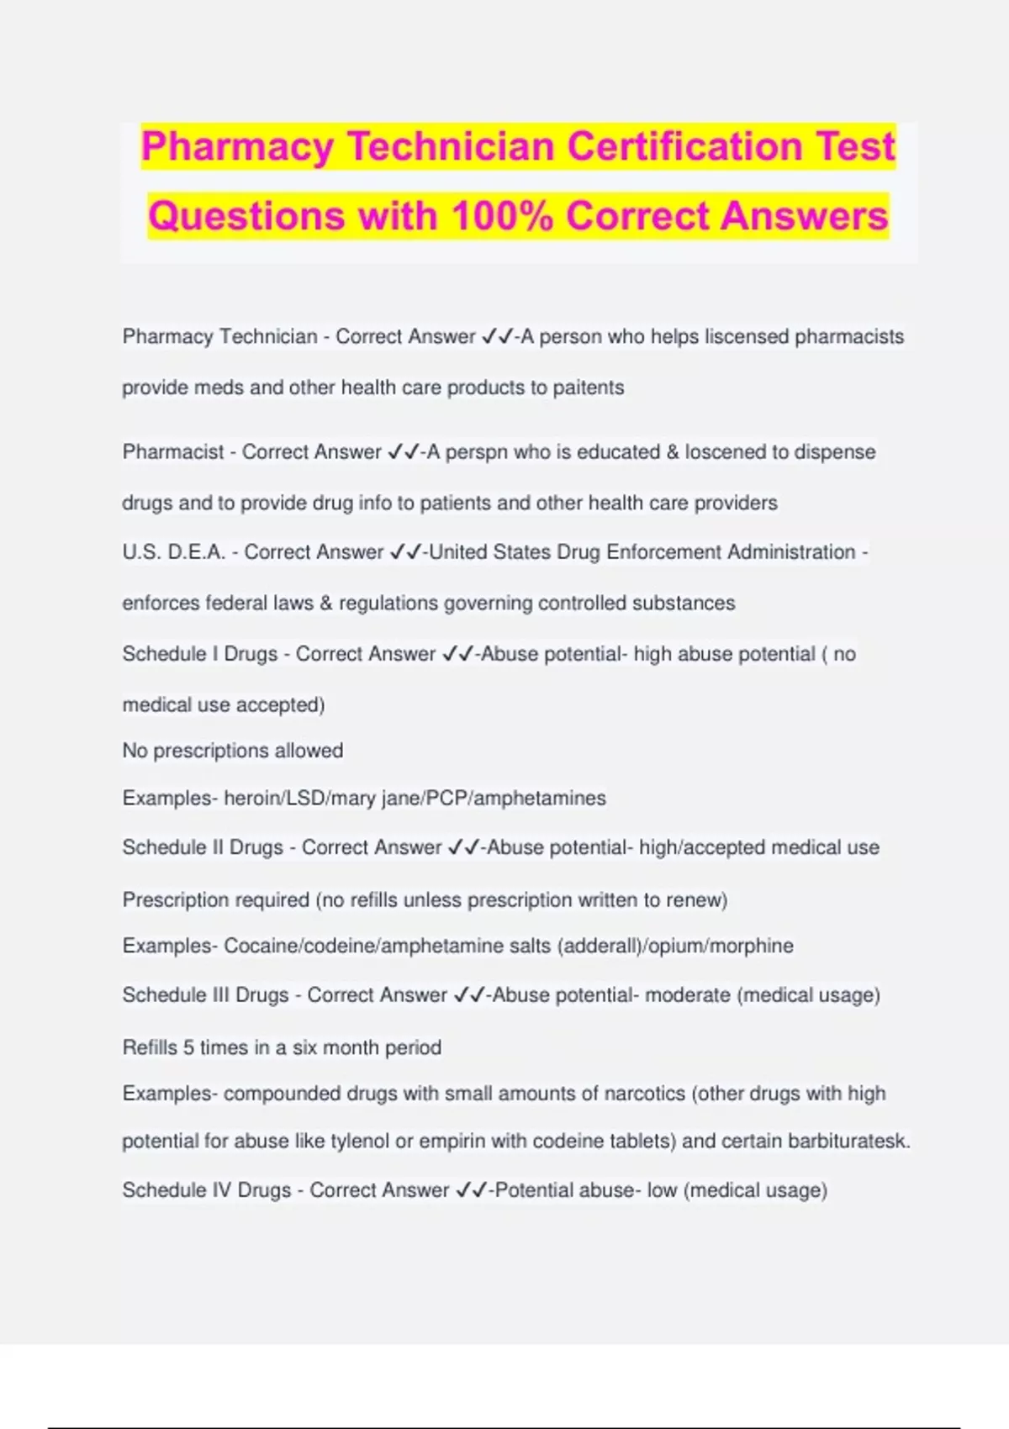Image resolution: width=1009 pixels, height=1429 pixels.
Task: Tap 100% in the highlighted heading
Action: [x=502, y=216]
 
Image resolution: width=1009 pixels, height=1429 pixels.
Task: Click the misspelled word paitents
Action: [x=588, y=388]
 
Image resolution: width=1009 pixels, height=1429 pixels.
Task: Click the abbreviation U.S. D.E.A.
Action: [x=174, y=552]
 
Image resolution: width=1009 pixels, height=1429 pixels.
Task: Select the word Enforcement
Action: [x=663, y=552]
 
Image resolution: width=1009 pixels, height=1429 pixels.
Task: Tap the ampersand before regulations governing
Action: [x=325, y=604]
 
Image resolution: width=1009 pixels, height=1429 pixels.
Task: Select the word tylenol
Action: [x=359, y=1141]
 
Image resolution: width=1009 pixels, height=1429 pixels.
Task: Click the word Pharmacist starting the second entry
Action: [x=173, y=452]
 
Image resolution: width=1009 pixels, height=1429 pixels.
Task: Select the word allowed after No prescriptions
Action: [x=309, y=751]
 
